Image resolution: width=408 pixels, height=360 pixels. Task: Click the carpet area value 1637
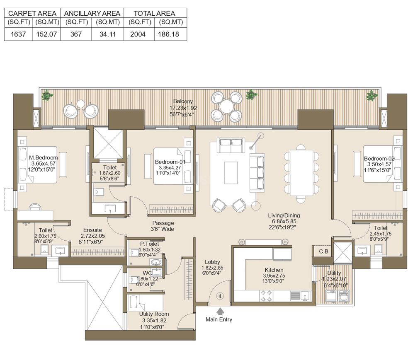tap(18, 34)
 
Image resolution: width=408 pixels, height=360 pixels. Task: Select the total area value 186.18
tap(168, 34)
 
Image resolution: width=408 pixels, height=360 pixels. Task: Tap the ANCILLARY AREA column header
tap(92, 13)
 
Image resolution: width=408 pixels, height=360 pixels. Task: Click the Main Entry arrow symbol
tap(220, 311)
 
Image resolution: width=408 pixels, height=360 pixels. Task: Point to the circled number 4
tap(220, 296)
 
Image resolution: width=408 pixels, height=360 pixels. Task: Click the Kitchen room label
tap(274, 270)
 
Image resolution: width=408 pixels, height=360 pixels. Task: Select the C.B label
tap(324, 251)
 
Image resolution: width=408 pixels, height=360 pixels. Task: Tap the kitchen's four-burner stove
tap(267, 296)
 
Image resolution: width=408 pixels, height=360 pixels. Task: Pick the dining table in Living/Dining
tap(301, 173)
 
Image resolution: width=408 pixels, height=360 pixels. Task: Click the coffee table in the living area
tap(231, 173)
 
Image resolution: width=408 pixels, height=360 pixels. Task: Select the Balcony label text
tap(183, 101)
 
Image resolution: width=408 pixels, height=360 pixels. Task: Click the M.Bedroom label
tap(43, 157)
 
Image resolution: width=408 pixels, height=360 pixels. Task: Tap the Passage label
tap(163, 223)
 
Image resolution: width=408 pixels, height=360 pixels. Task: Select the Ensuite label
tap(92, 230)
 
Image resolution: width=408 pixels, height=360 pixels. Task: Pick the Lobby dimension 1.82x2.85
tap(212, 268)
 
